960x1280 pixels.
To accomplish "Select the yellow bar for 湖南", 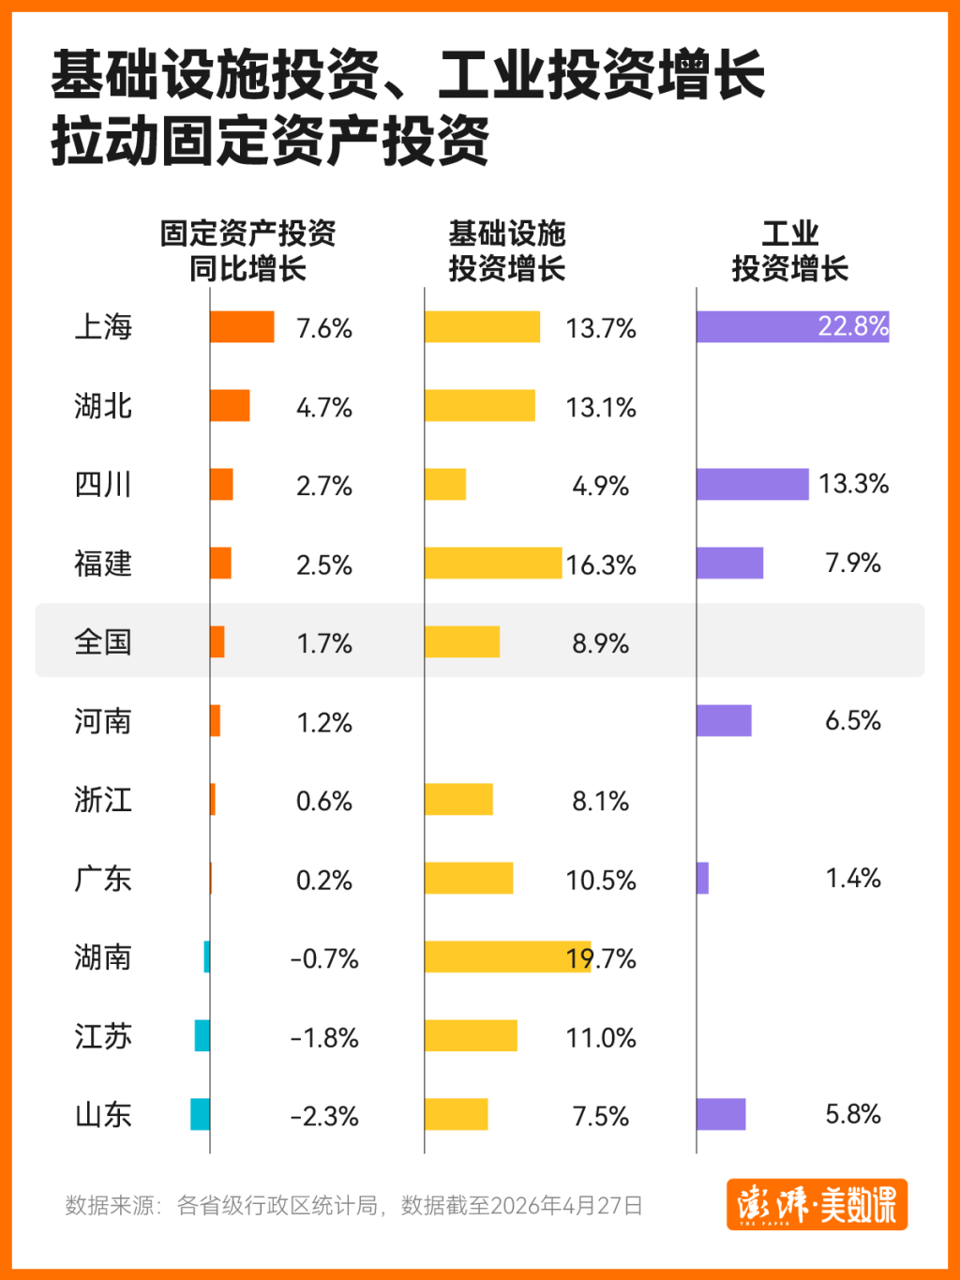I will coord(506,956).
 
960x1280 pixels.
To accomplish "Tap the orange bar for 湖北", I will coord(230,405).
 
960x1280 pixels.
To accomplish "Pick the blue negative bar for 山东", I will coord(200,1114).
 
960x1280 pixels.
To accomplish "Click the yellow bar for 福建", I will coord(492,563).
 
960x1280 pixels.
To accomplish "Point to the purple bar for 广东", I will coord(703,878).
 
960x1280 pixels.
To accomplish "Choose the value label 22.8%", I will coord(852,326).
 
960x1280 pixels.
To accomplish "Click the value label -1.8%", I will coord(324,1038).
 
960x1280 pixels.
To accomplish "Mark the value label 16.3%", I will coord(601,565).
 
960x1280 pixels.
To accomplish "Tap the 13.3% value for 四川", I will coord(853,484).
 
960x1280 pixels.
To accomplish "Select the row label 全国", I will coord(103,642).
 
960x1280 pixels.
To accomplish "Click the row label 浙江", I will coord(103,800).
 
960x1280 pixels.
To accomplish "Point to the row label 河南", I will coord(103,721).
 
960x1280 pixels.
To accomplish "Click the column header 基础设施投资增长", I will coord(507,250).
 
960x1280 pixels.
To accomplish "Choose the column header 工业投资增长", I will coord(789,250).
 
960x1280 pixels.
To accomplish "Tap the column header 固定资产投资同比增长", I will coord(247,250).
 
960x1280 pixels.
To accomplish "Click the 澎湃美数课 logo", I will coord(817,1204).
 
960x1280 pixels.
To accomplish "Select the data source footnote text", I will coord(353,1205).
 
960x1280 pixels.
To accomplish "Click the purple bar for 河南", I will coord(724,720).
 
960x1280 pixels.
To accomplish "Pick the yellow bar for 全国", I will coord(462,641).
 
